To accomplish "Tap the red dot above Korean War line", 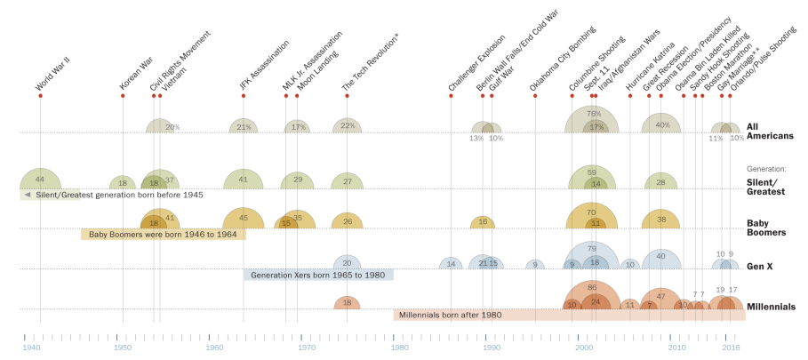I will [x=123, y=95].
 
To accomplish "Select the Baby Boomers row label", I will [x=766, y=228].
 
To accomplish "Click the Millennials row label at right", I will [x=770, y=307].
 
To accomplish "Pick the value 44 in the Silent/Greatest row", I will [x=40, y=179].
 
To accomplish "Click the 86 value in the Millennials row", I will [x=592, y=288].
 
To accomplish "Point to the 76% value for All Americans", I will [x=594, y=114].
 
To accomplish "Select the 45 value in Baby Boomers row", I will [x=244, y=217].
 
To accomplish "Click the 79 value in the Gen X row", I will [x=592, y=249].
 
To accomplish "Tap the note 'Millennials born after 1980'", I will [x=450, y=315].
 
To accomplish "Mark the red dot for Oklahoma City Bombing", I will [x=535, y=95].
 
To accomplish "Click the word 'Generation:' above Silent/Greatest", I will [x=766, y=167].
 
